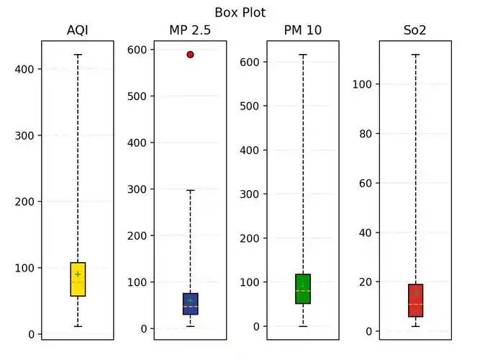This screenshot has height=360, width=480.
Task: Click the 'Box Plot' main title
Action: [x=240, y=12]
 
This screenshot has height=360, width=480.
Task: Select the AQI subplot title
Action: [x=77, y=30]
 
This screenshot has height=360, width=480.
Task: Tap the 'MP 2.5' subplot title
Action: [x=190, y=30]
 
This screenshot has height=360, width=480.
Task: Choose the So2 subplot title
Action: [x=415, y=30]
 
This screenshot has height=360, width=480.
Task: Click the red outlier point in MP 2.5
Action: [x=190, y=54]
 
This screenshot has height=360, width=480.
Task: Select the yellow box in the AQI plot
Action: [x=77, y=279]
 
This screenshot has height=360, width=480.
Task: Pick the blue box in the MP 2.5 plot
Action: [x=190, y=304]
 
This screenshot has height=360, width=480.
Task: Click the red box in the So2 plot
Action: [x=415, y=300]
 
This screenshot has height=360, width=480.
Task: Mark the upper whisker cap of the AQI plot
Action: [x=77, y=55]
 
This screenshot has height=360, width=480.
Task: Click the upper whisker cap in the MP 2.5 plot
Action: [x=190, y=190]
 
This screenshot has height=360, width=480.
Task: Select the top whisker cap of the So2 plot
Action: [x=415, y=55]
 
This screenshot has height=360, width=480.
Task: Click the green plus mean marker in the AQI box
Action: [x=77, y=274]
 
